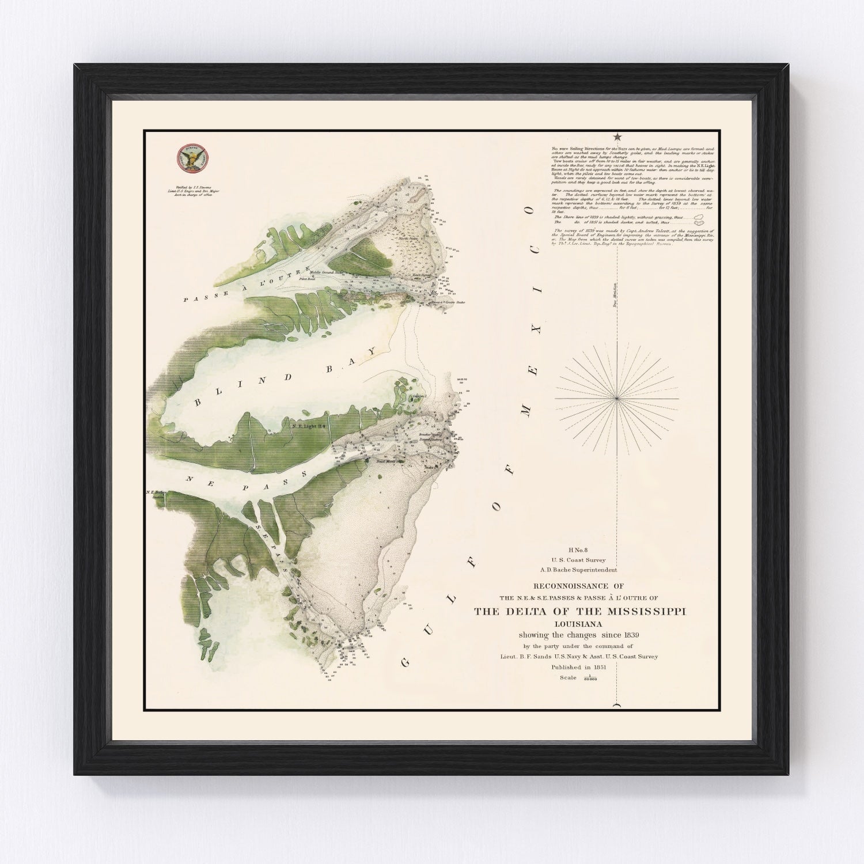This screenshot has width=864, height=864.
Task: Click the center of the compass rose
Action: [617, 398]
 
